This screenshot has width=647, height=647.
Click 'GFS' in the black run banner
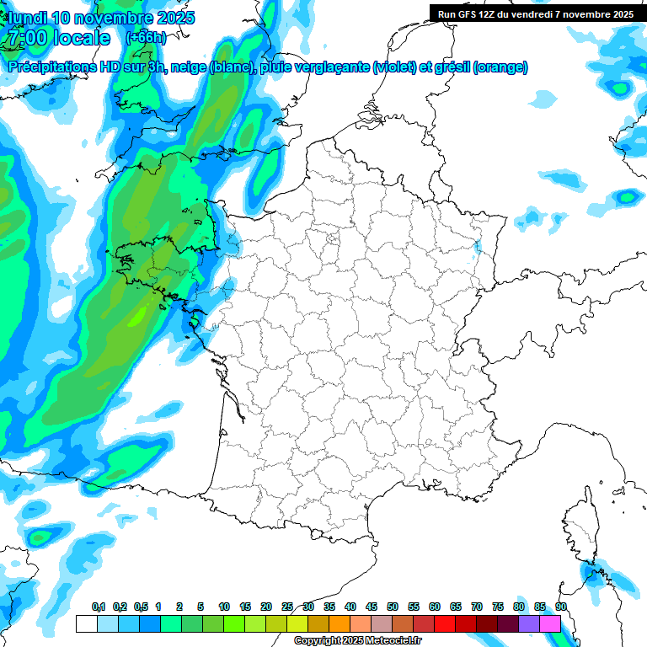point(469,13)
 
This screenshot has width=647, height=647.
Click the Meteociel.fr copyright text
point(358,641)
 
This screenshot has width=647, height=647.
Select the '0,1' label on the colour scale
point(99,607)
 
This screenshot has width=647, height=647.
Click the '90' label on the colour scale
point(560,607)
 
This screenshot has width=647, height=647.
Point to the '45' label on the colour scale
point(372,607)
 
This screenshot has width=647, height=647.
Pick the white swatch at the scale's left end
point(86,623)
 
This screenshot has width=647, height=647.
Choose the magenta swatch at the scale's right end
point(550,623)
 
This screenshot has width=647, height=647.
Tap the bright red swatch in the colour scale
point(445,623)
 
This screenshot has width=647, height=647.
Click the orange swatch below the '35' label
point(339,623)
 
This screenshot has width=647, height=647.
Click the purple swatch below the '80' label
point(529,623)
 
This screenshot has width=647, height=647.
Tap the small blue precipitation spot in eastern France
point(478,248)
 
